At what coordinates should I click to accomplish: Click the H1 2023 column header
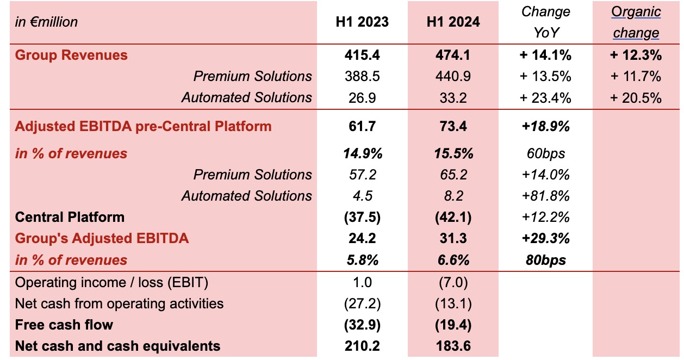[362, 22]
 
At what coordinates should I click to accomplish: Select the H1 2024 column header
[453, 22]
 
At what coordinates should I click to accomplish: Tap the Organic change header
[636, 22]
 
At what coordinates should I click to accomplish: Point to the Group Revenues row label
[71, 55]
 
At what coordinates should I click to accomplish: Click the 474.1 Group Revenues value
[453, 55]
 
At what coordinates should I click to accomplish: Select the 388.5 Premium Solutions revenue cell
[362, 76]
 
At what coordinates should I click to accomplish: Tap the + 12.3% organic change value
[636, 55]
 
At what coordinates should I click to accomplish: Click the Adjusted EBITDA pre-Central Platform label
[143, 126]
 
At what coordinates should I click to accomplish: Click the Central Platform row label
[70, 217]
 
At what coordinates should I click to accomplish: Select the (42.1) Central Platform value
[453, 217]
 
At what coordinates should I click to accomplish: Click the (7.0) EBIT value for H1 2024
[453, 282]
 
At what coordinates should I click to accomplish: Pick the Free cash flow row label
[64, 325]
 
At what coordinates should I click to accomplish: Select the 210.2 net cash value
[362, 346]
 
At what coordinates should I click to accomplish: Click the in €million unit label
[47, 22]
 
